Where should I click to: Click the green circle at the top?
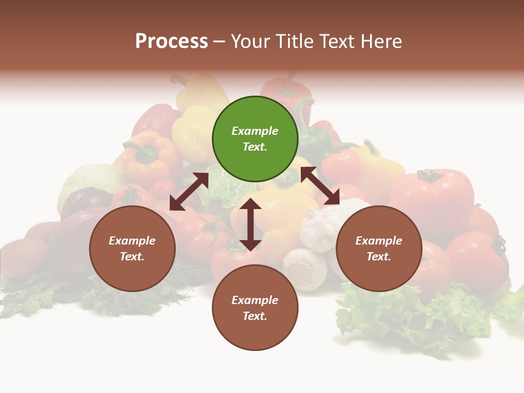pyautogui.click(x=255, y=139)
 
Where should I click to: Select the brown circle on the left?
pyautogui.click(x=132, y=248)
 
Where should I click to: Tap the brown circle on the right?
pyautogui.click(x=379, y=248)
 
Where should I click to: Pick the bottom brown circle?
pyautogui.click(x=255, y=308)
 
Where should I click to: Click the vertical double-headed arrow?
pyautogui.click(x=251, y=224)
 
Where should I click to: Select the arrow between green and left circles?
pyautogui.click(x=189, y=192)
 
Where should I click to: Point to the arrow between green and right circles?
pyautogui.click(x=320, y=186)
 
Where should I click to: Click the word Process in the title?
pyautogui.click(x=171, y=41)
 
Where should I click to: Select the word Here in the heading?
pyautogui.click(x=380, y=41)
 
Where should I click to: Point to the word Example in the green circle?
pyautogui.click(x=255, y=131)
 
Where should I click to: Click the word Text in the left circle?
pyautogui.click(x=132, y=257)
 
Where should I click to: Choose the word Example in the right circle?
pyautogui.click(x=379, y=241)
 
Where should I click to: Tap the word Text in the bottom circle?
pyautogui.click(x=254, y=316)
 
